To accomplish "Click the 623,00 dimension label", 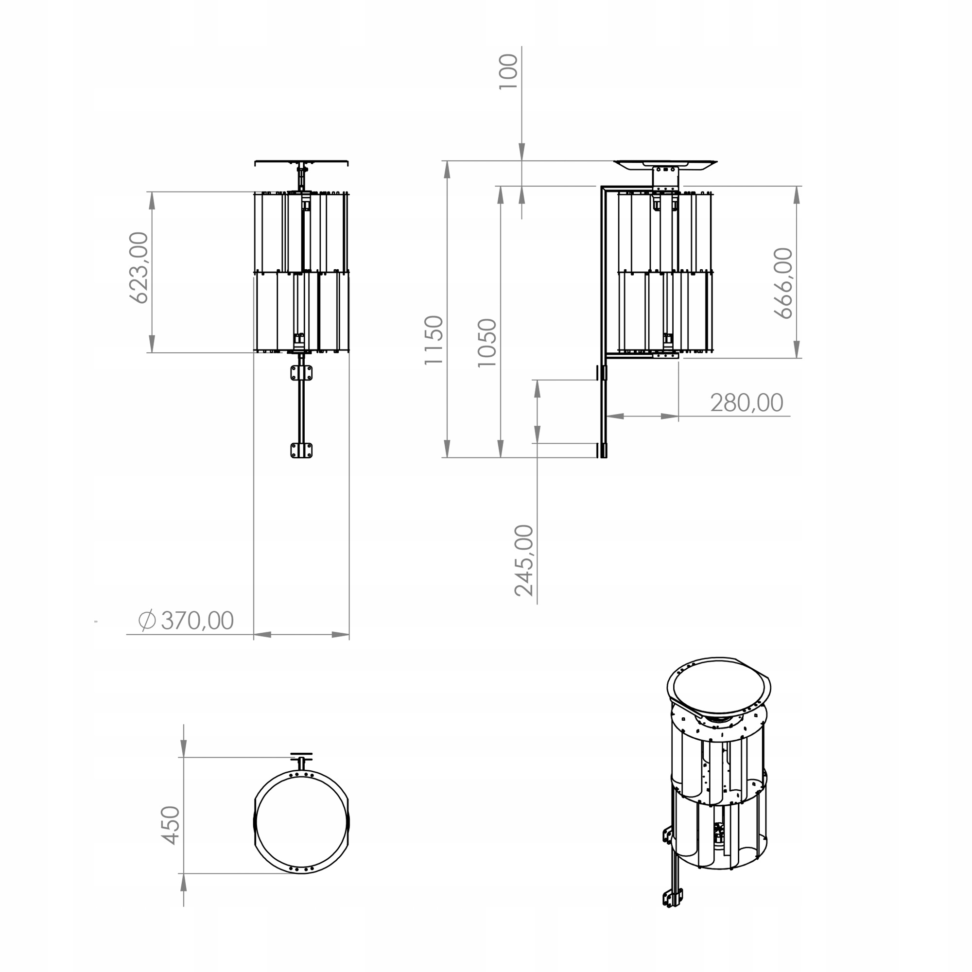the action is [139, 267].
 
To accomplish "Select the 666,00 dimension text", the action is [783, 283].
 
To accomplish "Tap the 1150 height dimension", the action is [433, 340].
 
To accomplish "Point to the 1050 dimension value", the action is [486, 343].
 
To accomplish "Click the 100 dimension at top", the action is [508, 71].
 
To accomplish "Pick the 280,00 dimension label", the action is [746, 402].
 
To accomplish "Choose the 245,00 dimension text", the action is [524, 560].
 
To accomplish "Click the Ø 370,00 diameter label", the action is [186, 620].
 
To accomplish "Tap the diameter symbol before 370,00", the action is [147, 620].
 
